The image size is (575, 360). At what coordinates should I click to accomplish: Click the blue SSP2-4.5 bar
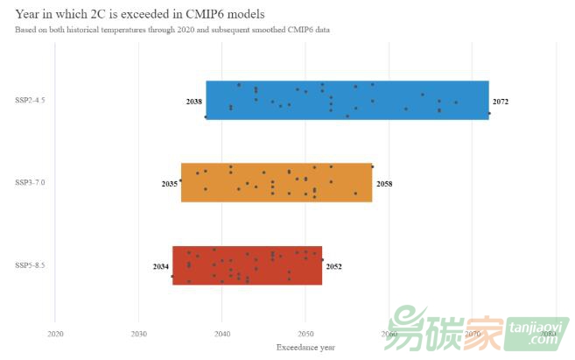(347, 100)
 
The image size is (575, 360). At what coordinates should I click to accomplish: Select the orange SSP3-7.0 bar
(277, 182)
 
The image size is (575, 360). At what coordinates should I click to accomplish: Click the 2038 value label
(194, 102)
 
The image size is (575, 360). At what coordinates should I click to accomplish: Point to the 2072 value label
(501, 102)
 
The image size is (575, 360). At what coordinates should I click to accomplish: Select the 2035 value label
(170, 184)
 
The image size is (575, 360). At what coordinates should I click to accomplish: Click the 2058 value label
(384, 184)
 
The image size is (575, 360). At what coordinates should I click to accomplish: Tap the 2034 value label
(161, 266)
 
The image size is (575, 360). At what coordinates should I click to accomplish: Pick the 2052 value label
(333, 266)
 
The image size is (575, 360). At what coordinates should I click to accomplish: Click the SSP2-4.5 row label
(31, 101)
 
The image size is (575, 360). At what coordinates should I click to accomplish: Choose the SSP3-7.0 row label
(31, 182)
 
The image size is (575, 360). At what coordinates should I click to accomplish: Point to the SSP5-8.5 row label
(31, 265)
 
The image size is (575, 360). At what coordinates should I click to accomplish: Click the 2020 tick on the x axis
(55, 334)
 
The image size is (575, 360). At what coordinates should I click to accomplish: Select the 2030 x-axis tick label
(138, 334)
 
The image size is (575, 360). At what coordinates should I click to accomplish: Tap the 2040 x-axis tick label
(222, 334)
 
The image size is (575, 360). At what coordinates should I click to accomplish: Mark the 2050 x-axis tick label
(305, 334)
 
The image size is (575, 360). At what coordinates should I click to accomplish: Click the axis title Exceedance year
(305, 348)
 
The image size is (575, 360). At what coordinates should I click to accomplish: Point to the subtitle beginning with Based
(172, 30)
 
